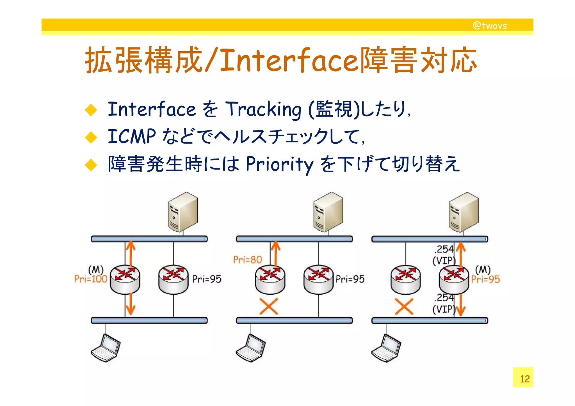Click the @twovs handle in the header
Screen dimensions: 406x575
[x=490, y=26]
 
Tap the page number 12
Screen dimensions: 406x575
[x=524, y=379]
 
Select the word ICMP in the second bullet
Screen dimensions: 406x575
[x=132, y=136]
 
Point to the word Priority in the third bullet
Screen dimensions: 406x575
[x=279, y=164]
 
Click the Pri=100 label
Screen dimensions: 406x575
[x=91, y=279]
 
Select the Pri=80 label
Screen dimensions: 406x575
[x=247, y=260]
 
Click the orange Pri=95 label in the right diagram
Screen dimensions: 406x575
[x=485, y=279]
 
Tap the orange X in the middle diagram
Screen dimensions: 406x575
[x=269, y=306]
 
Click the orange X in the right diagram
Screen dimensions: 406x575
[x=404, y=306]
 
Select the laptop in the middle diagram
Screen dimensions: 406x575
[x=251, y=348]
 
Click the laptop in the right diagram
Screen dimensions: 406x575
[x=386, y=348]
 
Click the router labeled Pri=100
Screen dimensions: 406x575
[x=125, y=279]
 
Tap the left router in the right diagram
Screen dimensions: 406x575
[x=405, y=279]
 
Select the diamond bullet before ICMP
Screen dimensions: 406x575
[x=91, y=137]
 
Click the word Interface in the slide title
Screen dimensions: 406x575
[x=289, y=60]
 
